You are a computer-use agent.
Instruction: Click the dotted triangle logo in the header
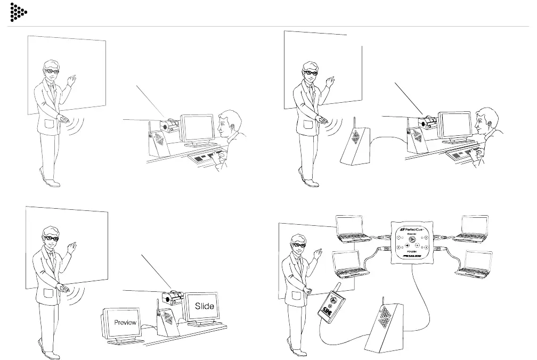tap(18, 12)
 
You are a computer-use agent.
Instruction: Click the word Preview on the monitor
tap(126, 322)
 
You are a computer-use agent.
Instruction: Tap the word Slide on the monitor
tap(204, 306)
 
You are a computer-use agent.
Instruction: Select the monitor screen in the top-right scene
tap(454, 127)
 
